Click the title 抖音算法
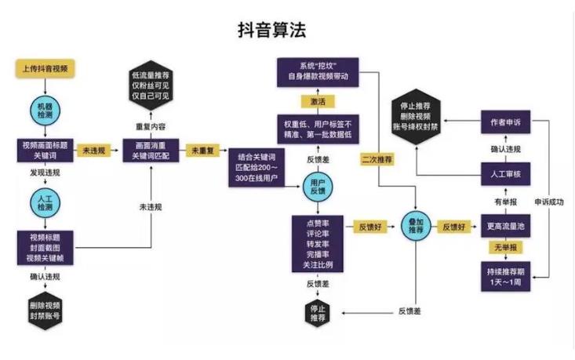tap(271, 30)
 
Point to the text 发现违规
tap(45, 170)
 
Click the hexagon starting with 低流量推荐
tap(151, 85)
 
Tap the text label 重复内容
tap(151, 125)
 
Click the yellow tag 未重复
tap(200, 149)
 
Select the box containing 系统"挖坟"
tap(318, 71)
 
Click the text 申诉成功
tap(550, 202)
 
